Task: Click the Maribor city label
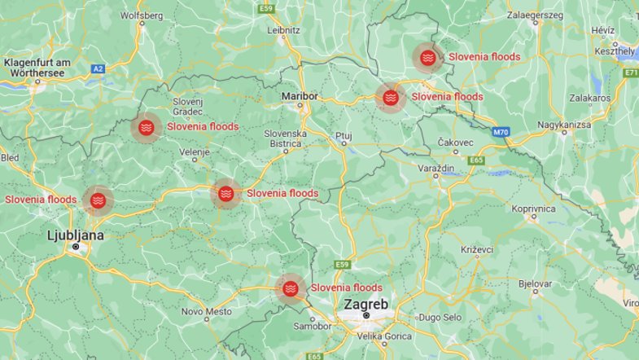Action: (298, 95)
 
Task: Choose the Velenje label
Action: (195, 152)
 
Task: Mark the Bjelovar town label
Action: (536, 282)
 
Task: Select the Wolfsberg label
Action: (142, 15)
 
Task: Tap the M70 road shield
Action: (501, 131)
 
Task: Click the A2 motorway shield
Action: (98, 69)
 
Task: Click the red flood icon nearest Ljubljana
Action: (98, 200)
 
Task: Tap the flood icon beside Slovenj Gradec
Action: (147, 128)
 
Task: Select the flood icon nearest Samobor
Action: (291, 288)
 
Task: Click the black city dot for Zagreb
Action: (366, 314)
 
